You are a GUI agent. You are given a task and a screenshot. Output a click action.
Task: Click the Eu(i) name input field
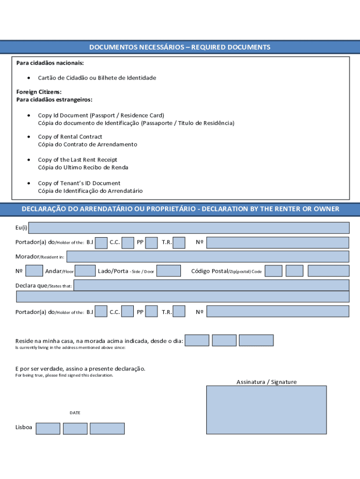189,228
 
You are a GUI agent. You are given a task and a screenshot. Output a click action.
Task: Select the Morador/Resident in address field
208,256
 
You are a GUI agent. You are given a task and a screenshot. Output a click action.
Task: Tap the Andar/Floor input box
85,271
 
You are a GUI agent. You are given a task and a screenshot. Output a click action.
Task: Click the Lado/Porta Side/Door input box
168,271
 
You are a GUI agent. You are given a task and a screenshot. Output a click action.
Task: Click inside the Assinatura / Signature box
266,410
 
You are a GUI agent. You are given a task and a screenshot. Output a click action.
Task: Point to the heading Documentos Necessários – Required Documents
180,47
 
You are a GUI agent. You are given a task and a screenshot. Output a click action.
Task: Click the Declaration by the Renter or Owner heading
180,209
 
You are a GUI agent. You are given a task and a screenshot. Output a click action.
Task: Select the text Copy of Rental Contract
70,137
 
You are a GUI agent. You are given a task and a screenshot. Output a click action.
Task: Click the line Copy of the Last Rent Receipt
78,160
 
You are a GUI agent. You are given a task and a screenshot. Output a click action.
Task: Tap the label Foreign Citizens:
39,92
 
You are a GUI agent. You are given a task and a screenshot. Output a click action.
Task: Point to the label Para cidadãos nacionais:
50,63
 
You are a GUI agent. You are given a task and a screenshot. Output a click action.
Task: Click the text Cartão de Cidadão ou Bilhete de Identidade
97,78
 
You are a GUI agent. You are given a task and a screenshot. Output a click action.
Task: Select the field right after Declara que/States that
211,285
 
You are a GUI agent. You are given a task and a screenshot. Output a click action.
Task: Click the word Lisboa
24,428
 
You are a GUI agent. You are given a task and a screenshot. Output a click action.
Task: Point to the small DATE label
75,413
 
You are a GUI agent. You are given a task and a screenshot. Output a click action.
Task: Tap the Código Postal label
209,271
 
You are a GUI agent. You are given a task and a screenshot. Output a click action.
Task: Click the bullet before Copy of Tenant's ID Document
29,183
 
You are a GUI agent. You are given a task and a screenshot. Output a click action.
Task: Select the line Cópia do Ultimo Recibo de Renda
83,167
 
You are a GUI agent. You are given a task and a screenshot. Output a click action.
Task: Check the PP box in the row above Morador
151,242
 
